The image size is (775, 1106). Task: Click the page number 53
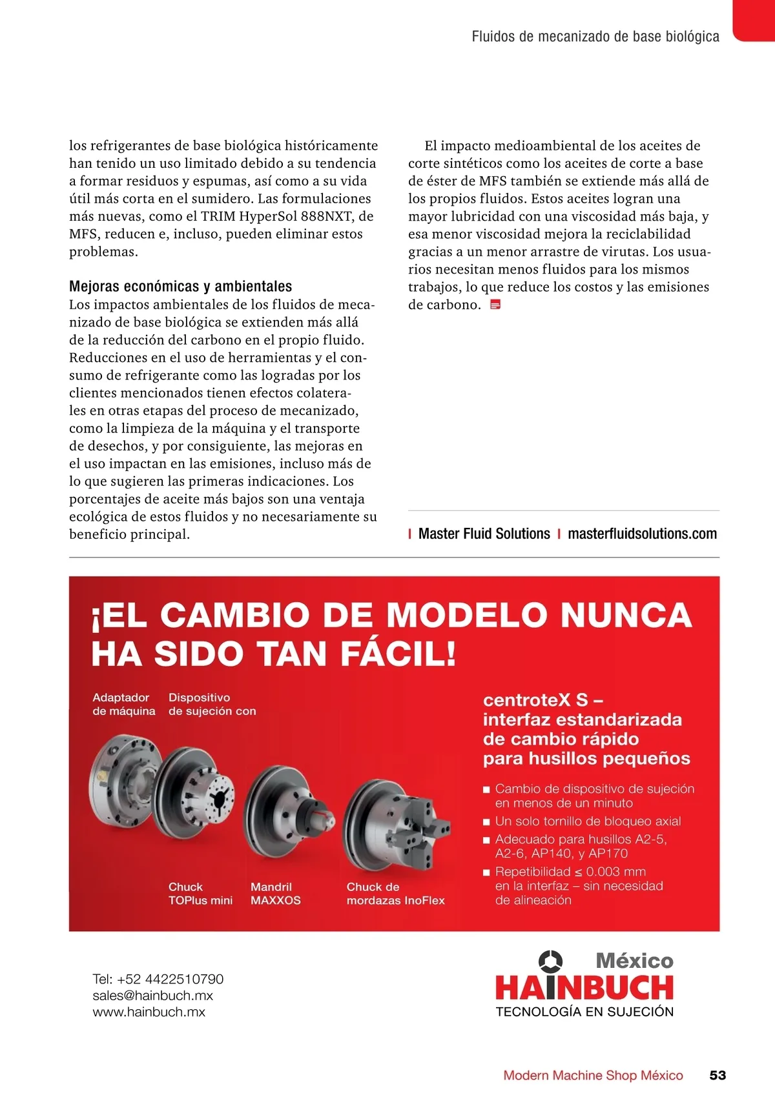click(x=718, y=1075)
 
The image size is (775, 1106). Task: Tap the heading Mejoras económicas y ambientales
click(x=180, y=287)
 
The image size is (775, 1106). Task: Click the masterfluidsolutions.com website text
click(x=642, y=534)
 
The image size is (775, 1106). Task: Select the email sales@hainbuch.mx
click(x=152, y=995)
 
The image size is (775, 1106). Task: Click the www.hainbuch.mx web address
click(x=149, y=1012)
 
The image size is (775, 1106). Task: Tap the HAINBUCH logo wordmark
click(x=584, y=988)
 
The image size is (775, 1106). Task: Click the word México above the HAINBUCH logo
click(x=634, y=961)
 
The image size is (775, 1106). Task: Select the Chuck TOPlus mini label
click(x=200, y=894)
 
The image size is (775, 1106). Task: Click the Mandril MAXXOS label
click(x=276, y=894)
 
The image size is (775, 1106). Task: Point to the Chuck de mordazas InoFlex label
click(x=395, y=894)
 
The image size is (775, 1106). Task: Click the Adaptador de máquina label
click(x=123, y=704)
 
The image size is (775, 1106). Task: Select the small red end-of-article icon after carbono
click(x=495, y=305)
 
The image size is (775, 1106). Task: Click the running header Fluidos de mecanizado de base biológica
click(x=595, y=37)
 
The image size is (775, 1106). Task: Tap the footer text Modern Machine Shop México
click(x=593, y=1075)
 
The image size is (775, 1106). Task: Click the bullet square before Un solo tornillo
click(x=487, y=822)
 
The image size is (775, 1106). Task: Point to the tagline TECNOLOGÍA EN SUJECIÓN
click(x=584, y=1012)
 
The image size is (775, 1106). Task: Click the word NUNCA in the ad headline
click(x=626, y=615)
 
